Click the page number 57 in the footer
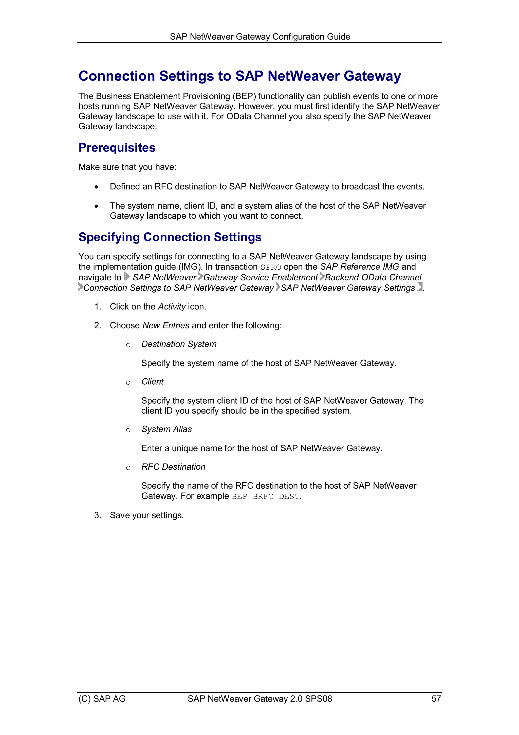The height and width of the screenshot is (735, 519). tap(436, 698)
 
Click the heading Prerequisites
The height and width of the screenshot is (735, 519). tap(117, 148)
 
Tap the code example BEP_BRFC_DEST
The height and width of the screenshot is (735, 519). tap(265, 497)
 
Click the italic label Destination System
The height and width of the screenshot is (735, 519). tap(179, 344)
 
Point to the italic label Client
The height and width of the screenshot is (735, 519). tap(152, 382)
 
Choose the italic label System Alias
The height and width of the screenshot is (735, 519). tap(166, 429)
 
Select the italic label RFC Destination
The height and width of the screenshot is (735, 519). tap(173, 467)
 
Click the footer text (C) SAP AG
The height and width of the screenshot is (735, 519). tap(102, 698)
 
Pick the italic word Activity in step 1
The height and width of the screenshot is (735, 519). tap(172, 307)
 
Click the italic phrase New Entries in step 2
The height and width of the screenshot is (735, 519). tap(166, 326)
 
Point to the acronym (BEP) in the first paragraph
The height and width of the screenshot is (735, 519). tap(244, 96)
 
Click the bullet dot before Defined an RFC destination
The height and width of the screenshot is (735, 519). tap(96, 187)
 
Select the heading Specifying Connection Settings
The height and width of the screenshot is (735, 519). tap(170, 237)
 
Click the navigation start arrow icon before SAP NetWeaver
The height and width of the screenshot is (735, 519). tap(127, 277)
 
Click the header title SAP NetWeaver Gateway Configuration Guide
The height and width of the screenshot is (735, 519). tap(260, 37)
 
